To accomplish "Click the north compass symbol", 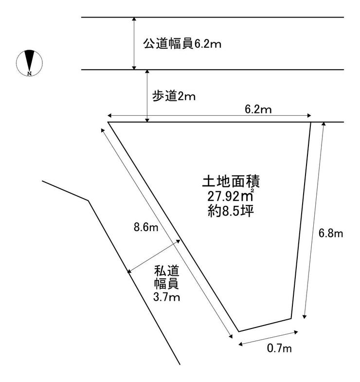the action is click(29, 63).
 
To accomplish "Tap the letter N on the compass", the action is click(30, 73).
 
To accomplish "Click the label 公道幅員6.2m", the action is click(182, 44).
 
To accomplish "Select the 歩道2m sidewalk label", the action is click(174, 96).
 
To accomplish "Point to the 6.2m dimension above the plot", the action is click(258, 109).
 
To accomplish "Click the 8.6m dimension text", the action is click(146, 227).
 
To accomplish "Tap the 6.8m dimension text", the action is click(330, 234).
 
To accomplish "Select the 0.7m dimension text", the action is click(279, 348).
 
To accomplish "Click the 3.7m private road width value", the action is click(166, 297).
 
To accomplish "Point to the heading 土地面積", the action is click(231, 181).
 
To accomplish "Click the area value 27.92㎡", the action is click(231, 196).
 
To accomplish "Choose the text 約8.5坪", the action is click(231, 211).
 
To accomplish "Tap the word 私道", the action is click(166, 271).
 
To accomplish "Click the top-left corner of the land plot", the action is click(108, 122).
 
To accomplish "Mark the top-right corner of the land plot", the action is click(311, 122).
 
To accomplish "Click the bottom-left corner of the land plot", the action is click(238, 331).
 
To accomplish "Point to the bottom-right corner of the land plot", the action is click(291, 318).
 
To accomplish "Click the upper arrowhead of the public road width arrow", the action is click(134, 19).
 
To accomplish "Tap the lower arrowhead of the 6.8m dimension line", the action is click(304, 316).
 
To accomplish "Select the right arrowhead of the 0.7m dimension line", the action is click(296, 332).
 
